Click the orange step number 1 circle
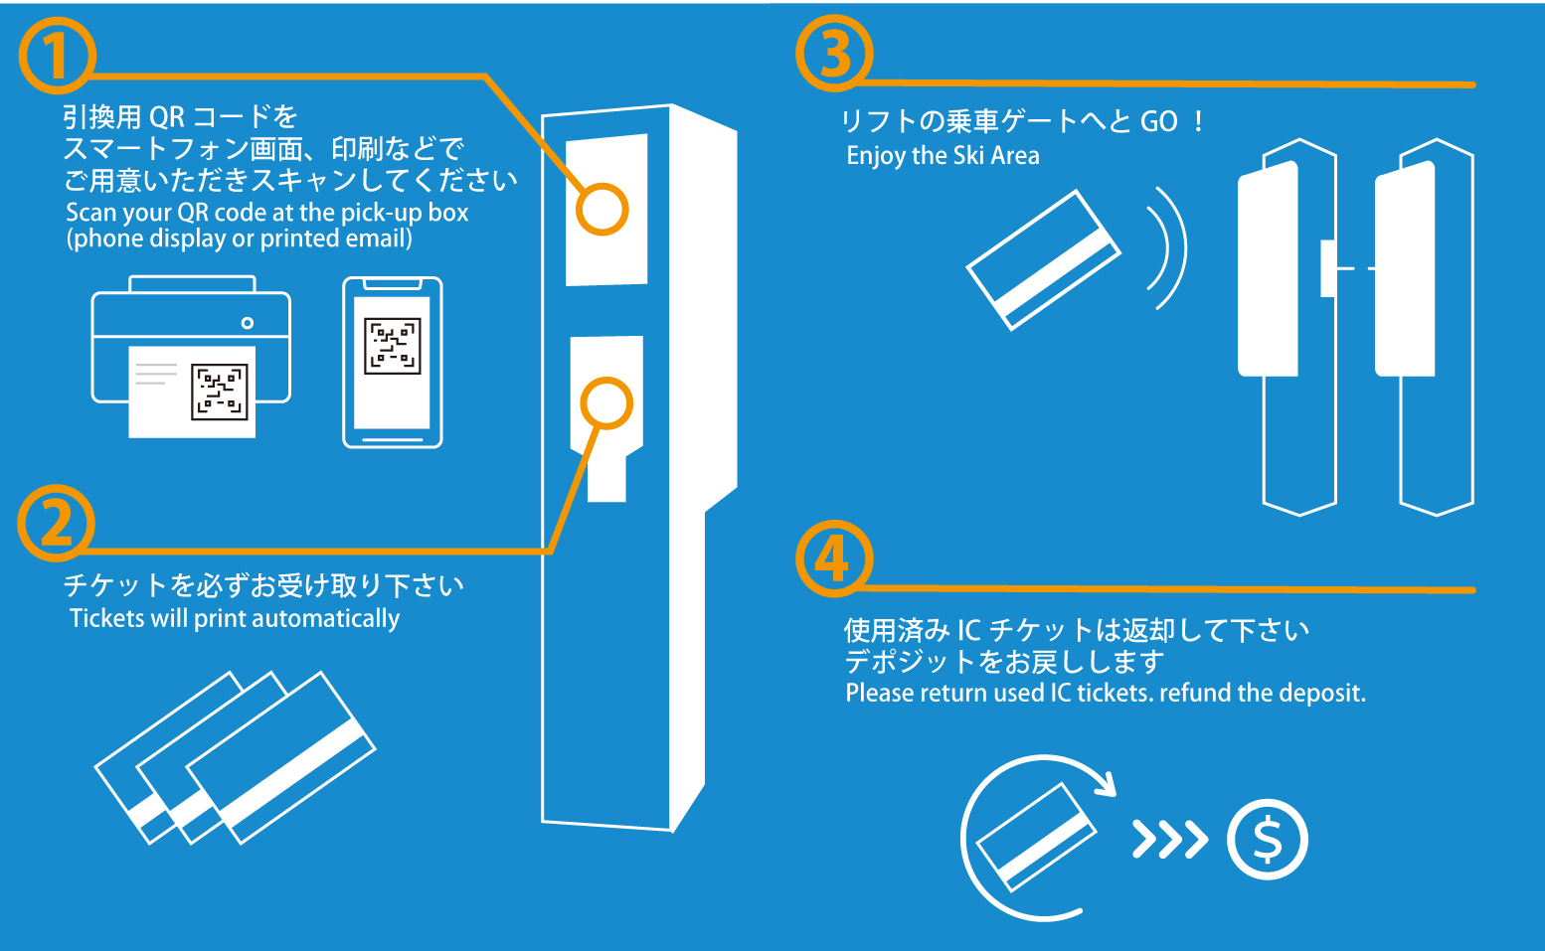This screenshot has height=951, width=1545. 57,56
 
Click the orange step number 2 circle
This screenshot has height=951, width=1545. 56,523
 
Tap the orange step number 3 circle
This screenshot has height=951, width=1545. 834,54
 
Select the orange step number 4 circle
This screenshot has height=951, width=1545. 834,558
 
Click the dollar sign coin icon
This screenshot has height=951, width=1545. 1267,840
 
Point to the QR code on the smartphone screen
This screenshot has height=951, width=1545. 393,345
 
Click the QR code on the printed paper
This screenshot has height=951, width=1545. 219,392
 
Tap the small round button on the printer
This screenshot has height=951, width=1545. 247,323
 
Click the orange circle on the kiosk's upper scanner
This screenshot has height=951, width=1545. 601,210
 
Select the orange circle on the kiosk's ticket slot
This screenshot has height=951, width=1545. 605,403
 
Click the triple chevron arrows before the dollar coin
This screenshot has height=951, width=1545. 1170,840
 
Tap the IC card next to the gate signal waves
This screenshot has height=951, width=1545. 1042,259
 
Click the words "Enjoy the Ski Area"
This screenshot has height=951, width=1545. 943,156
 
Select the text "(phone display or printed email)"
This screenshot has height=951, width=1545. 239,238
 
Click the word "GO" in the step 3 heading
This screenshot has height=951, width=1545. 1158,122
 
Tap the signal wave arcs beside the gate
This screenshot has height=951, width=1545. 1168,248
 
